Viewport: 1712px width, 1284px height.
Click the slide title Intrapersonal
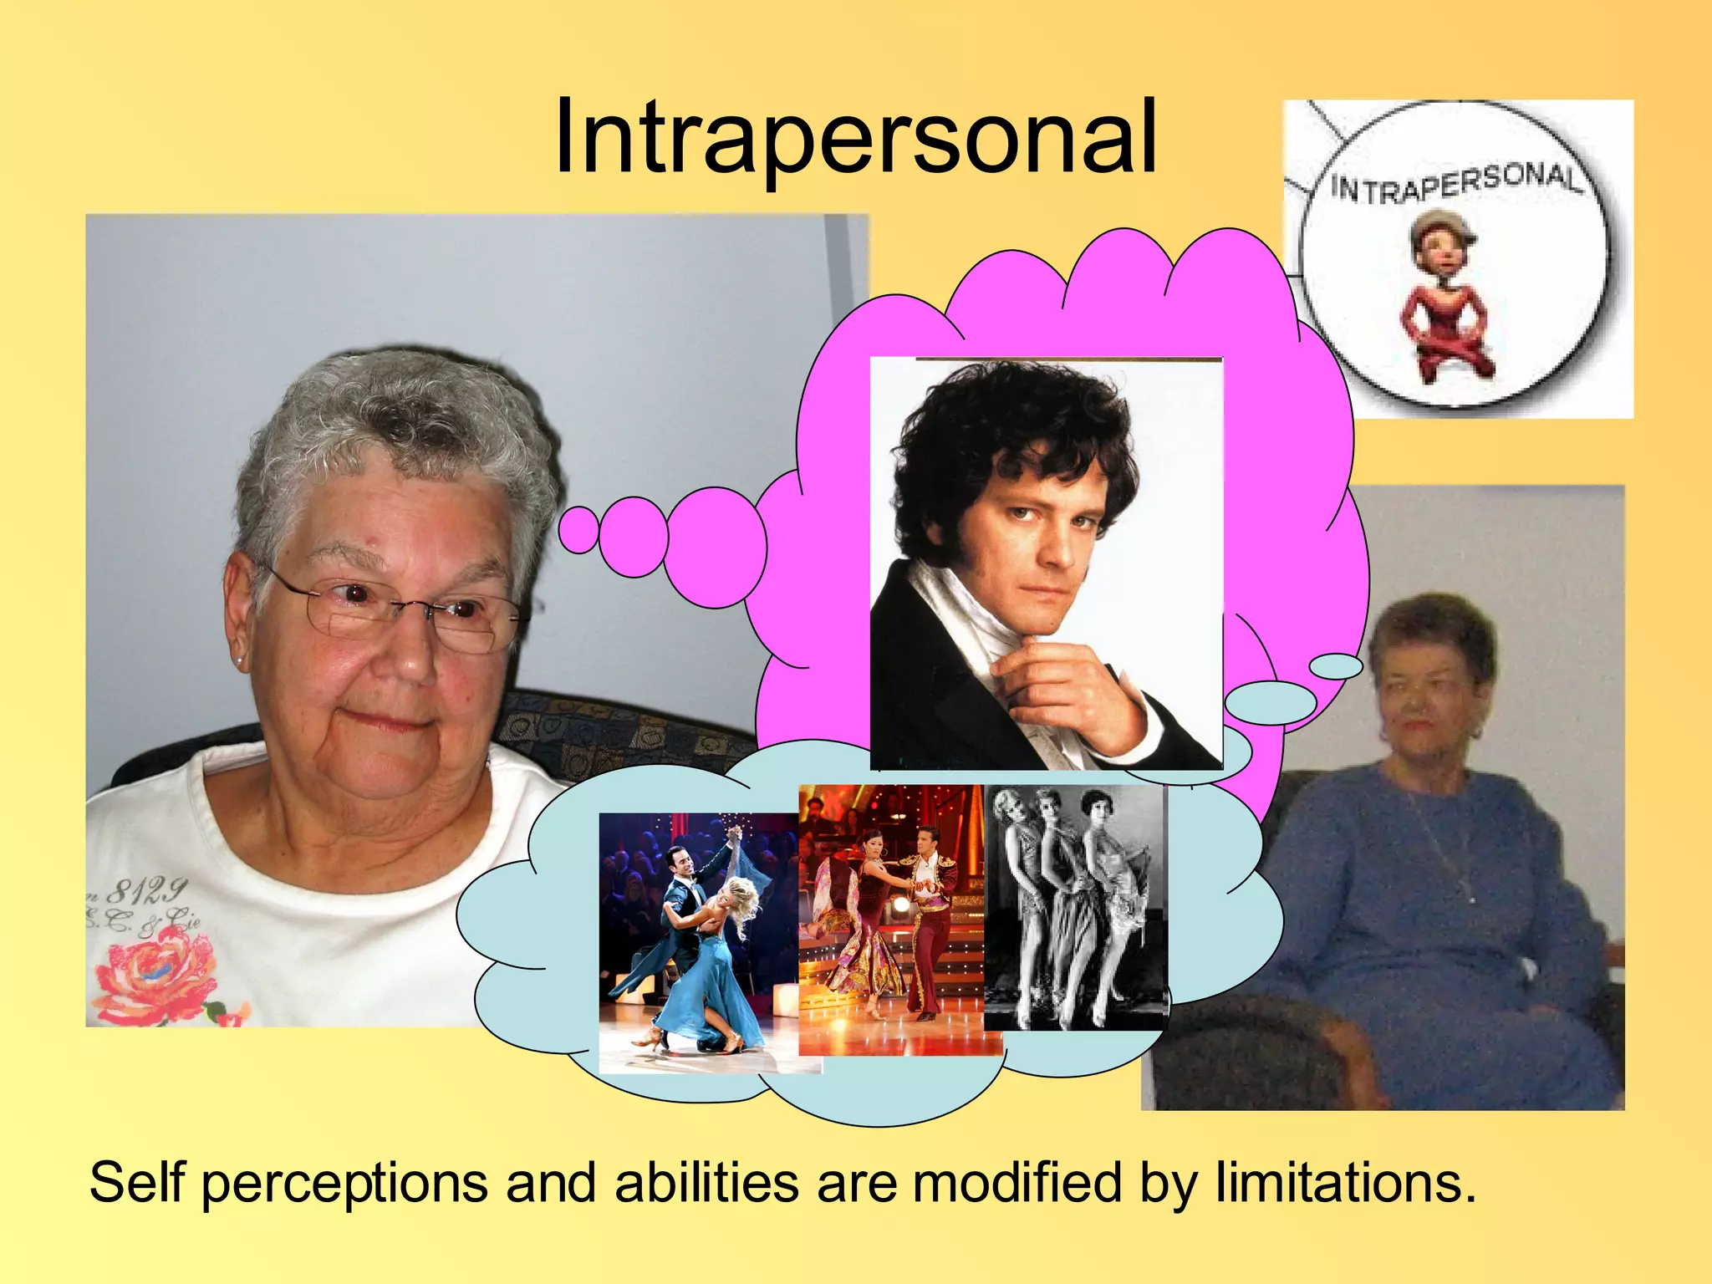[x=854, y=138]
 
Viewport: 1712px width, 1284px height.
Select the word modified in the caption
[x=1016, y=1183]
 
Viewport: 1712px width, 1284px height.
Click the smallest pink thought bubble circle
[x=578, y=530]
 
